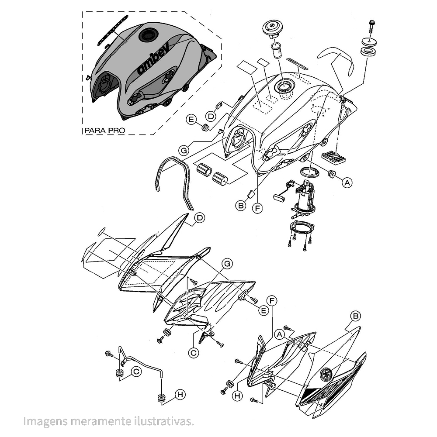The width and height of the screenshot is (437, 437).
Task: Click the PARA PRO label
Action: (105, 131)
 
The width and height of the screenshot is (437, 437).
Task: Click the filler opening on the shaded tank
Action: (148, 35)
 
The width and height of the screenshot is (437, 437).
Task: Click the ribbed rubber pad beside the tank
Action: (334, 157)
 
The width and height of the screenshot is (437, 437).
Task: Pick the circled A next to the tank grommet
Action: (347, 182)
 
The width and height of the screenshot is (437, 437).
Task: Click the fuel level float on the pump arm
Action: (279, 198)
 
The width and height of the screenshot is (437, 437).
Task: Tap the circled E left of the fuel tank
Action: (191, 120)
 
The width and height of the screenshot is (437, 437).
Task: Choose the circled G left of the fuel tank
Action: (184, 151)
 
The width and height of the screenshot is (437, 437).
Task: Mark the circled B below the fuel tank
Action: (240, 206)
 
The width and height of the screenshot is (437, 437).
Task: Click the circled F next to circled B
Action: (257, 208)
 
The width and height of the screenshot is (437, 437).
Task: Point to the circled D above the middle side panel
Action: (200, 218)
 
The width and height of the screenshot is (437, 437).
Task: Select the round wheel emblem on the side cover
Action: (326, 374)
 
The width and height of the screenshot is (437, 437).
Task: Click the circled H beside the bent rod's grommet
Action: (180, 394)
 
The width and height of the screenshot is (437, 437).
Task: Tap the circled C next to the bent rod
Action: (136, 372)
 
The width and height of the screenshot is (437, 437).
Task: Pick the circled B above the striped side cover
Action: (356, 316)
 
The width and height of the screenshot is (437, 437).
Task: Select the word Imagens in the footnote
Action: (45, 422)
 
